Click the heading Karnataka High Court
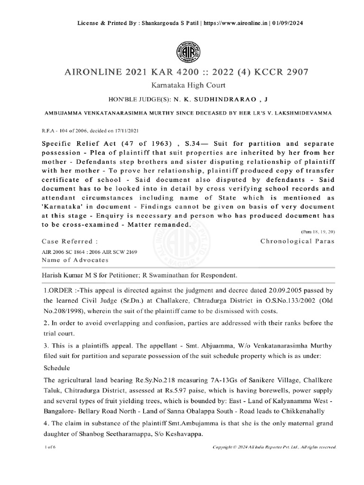[x=182, y=85]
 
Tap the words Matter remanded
[x=161, y=225]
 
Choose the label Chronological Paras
[x=298, y=241]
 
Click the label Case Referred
[x=64, y=241]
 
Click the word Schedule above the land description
[x=56, y=368]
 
